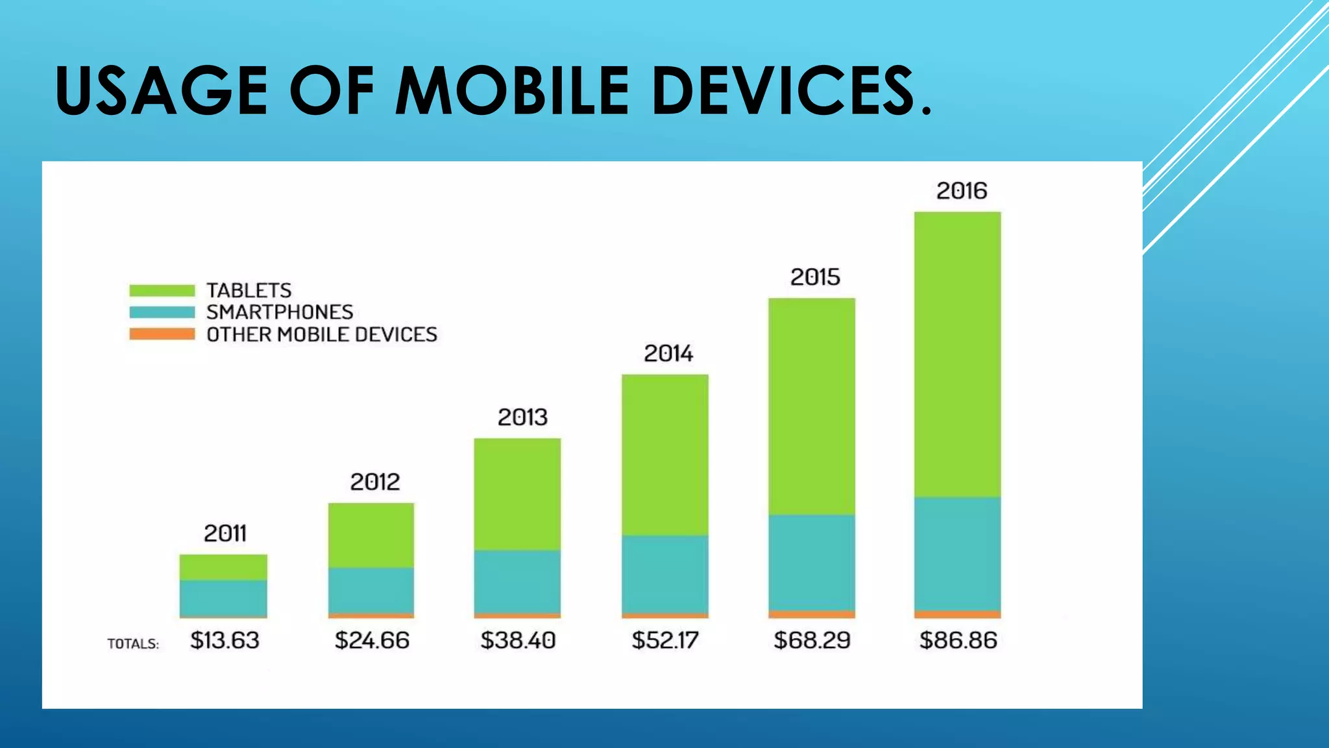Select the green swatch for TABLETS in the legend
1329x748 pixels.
162,290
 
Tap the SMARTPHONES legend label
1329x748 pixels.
280,312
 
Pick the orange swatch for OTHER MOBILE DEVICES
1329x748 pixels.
162,334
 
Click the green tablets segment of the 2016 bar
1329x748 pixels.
957,354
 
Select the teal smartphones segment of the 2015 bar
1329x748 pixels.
811,562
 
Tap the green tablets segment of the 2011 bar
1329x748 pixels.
223,567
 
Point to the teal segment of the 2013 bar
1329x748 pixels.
517,581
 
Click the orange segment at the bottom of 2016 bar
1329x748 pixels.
957,614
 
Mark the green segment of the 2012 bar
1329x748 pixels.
371,535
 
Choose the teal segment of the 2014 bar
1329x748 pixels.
664,574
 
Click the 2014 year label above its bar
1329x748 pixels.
668,354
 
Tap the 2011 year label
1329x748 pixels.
225,534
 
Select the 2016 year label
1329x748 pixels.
961,191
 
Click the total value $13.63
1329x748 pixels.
225,641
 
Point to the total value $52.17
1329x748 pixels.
665,641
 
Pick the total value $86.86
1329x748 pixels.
958,641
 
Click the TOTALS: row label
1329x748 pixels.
133,644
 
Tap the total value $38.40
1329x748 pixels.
518,641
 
